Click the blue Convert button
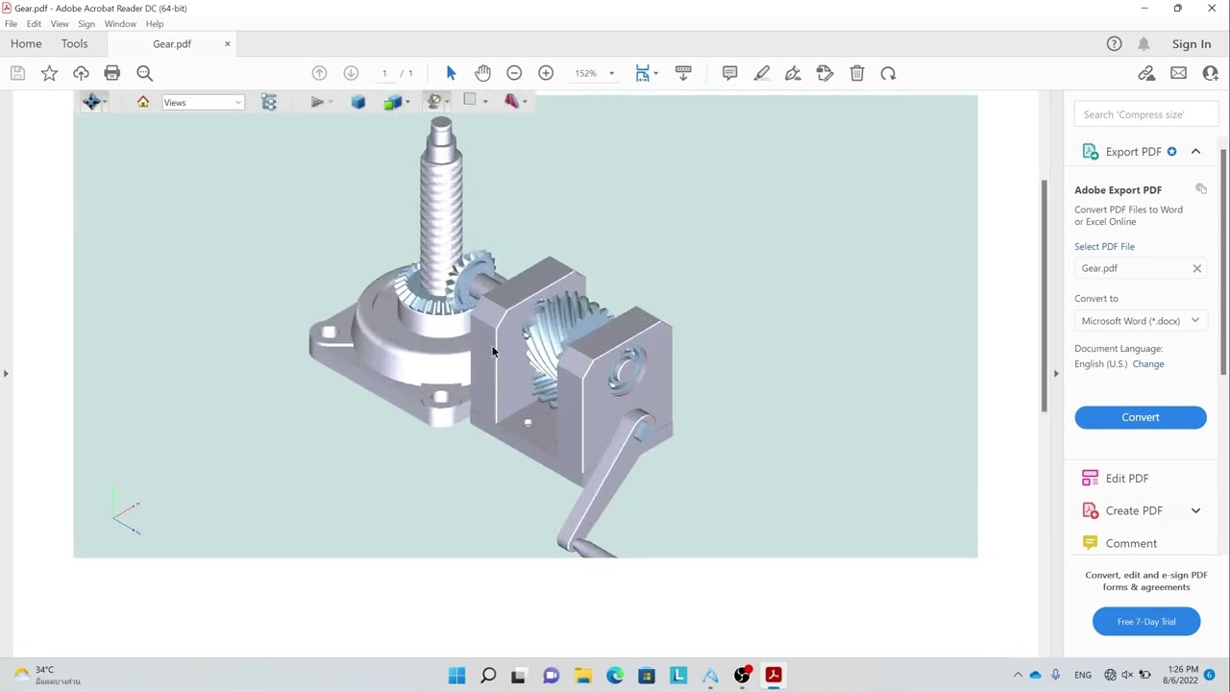point(1140,417)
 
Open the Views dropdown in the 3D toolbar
point(203,103)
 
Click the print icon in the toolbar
point(112,73)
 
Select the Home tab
point(26,44)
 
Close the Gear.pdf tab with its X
point(228,44)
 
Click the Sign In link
point(1191,44)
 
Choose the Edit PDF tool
point(1126,479)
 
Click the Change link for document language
point(1147,364)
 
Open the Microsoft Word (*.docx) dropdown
point(1139,321)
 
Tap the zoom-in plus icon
point(546,73)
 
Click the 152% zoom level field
point(586,73)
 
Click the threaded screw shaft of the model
point(442,211)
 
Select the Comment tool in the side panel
point(1130,543)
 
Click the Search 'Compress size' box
point(1145,114)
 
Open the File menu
point(11,24)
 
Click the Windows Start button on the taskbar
point(456,676)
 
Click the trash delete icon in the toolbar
point(857,73)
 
